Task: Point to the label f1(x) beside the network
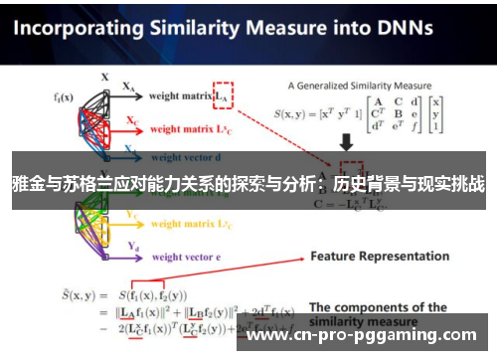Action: (x=65, y=96)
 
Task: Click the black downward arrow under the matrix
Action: (x=349, y=146)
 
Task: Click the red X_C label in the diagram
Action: (x=132, y=119)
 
